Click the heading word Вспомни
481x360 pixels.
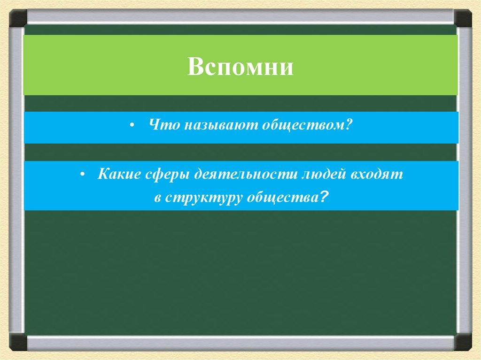coord(240,67)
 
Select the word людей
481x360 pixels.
coord(324,174)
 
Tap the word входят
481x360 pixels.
coord(376,174)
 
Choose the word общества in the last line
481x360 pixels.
coord(282,198)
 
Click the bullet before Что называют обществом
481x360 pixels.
coord(132,126)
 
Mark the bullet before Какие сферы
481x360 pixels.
coord(82,175)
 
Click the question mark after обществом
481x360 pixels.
coord(347,124)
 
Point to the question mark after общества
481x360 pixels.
coord(322,197)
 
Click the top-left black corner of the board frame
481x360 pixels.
coord(18,18)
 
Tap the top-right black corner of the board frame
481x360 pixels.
coord(463,18)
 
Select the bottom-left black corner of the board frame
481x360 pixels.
coord(18,342)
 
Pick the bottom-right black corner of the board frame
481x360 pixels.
coord(463,342)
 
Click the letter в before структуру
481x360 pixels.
coord(158,199)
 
